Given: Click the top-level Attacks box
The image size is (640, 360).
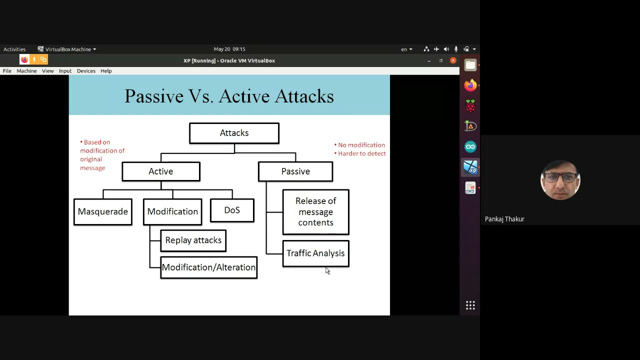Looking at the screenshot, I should click(x=234, y=133).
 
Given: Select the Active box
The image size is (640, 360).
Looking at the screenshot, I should click(x=160, y=171).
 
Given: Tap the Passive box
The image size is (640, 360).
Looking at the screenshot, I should click(x=295, y=171).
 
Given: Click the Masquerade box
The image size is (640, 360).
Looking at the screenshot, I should click(x=102, y=211).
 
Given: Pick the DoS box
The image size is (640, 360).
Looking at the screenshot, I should click(x=232, y=210).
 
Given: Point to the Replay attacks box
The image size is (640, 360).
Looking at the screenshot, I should click(x=193, y=240).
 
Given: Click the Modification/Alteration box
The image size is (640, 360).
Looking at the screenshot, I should click(x=208, y=267).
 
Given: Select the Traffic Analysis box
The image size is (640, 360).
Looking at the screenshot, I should click(x=315, y=253).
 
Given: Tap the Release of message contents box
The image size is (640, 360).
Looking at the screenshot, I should click(x=315, y=212).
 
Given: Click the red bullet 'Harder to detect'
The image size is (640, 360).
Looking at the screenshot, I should click(x=361, y=153).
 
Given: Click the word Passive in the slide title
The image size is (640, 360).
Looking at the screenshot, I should click(x=154, y=96).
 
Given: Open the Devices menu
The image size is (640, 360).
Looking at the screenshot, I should click(x=86, y=71).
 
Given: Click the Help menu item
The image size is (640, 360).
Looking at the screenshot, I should click(x=106, y=71).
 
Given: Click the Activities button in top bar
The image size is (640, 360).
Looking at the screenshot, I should click(x=14, y=49).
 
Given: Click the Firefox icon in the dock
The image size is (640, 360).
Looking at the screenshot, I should click(x=470, y=85).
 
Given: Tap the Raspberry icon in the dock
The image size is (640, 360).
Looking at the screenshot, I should click(x=470, y=106).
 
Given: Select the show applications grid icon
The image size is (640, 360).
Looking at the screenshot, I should click(x=470, y=305).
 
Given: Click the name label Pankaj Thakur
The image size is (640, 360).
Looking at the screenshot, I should click(x=504, y=219).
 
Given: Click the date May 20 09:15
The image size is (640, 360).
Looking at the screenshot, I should click(x=229, y=49).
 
